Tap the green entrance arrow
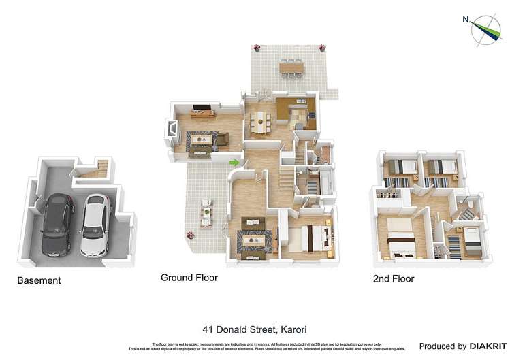tap(234, 163)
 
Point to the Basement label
tap(39, 280)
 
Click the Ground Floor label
tap(189, 278)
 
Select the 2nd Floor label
tap(393, 279)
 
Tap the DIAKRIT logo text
tap(485, 346)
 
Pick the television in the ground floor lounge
tap(203, 107)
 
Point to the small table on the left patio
tap(205, 213)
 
